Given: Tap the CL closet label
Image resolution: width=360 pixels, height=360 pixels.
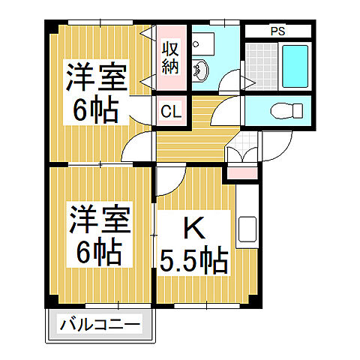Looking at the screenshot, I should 171,112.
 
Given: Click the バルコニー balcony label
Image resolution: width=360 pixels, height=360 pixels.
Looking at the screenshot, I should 99,325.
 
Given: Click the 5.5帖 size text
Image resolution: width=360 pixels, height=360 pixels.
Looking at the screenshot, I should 193,261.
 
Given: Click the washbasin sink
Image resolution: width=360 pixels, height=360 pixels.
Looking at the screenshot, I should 201,72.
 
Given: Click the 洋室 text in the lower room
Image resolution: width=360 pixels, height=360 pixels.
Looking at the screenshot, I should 97,219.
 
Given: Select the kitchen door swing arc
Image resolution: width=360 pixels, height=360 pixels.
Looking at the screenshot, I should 172,182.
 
